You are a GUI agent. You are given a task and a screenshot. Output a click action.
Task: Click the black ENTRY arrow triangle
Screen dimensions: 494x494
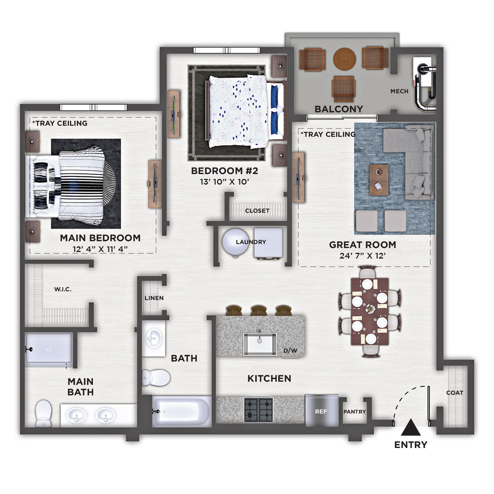[x=411, y=427]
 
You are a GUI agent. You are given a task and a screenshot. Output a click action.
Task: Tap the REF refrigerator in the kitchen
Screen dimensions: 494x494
[x=322, y=411]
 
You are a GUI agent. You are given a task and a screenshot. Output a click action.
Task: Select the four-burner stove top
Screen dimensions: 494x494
[x=259, y=410]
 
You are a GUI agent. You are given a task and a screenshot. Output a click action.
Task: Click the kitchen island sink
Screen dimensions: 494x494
[x=260, y=344]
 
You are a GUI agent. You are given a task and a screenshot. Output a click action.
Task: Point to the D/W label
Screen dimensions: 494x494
[x=290, y=351]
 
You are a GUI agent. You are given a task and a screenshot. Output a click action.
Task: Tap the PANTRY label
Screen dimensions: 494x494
[x=354, y=412]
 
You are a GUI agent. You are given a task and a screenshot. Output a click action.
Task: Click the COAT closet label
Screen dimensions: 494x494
[x=454, y=393]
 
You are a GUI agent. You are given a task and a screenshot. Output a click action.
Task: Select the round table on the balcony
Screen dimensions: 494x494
[x=345, y=59]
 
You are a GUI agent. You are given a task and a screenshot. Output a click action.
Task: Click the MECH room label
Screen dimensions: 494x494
[x=399, y=91]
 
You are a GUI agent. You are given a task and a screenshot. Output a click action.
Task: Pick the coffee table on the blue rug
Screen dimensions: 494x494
[x=379, y=180]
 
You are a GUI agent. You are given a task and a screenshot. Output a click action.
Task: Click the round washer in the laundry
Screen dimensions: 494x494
[x=235, y=242]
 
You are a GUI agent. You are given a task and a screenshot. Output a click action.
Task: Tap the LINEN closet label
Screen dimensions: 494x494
[x=154, y=298]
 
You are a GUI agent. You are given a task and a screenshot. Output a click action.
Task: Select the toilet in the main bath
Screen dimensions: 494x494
[x=43, y=413]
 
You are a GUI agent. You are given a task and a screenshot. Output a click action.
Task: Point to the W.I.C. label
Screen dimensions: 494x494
[x=63, y=289]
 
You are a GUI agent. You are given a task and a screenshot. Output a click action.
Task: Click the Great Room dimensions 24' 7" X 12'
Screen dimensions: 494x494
[x=363, y=256]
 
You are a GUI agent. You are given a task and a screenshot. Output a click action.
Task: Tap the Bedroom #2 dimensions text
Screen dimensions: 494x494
[x=225, y=182]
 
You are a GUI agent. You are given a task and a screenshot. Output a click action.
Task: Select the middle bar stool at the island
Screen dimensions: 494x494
[x=259, y=310]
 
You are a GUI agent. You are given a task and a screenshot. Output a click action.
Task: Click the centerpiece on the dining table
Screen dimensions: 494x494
[x=370, y=309]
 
